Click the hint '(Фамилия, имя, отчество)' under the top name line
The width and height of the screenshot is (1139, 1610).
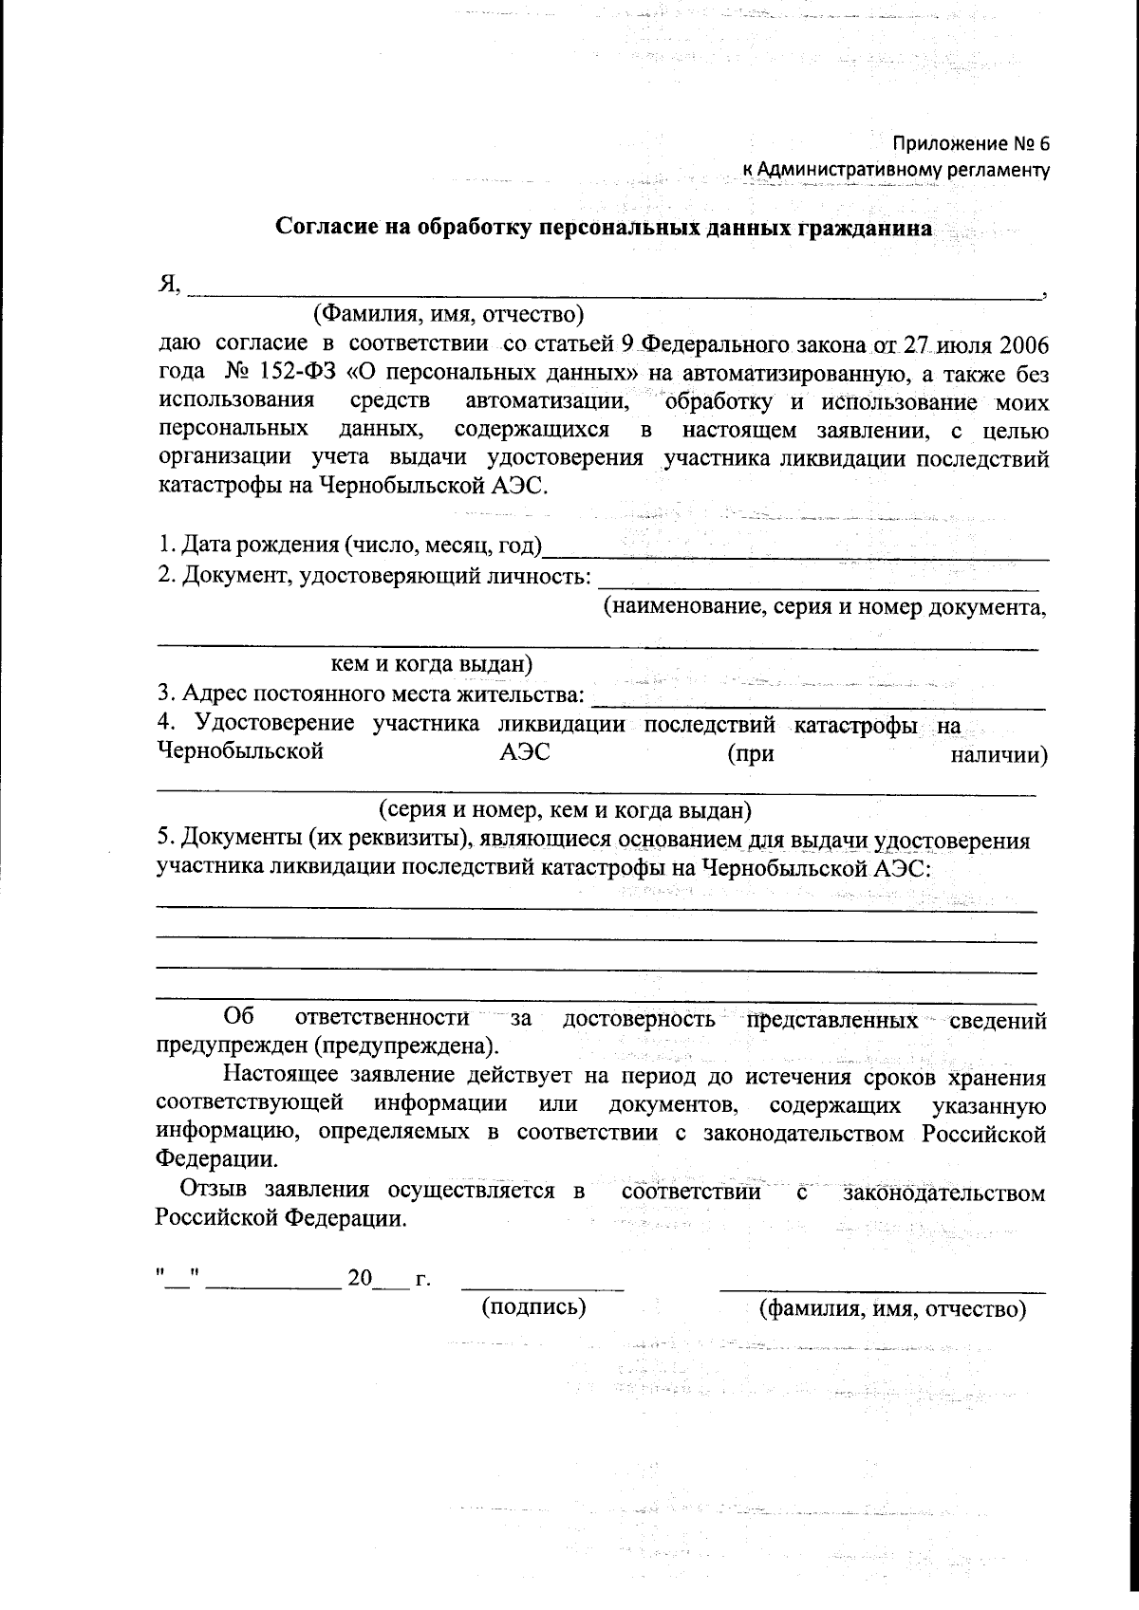point(448,313)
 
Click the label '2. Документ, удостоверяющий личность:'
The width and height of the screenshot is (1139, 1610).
point(375,576)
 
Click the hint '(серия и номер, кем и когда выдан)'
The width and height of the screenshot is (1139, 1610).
point(565,810)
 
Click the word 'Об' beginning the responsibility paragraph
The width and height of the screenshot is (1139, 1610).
point(238,1019)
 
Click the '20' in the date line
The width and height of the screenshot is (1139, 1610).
point(360,1279)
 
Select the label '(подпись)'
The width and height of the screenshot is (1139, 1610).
point(534,1307)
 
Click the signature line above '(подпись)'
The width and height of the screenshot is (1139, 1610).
point(542,1288)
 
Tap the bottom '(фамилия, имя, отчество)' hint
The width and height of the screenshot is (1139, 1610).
point(893,1309)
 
